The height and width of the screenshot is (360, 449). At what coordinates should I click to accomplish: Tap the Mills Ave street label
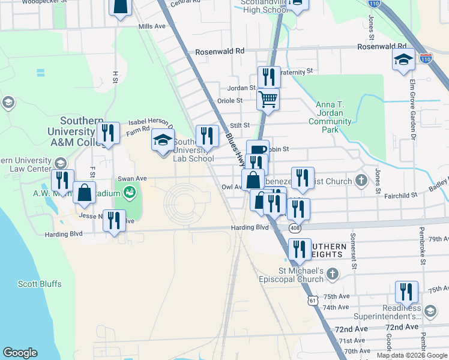pos(151,26)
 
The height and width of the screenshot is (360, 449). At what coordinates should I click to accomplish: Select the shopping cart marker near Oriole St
pos(268,98)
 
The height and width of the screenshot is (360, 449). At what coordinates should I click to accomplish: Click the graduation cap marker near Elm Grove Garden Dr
pos(403,59)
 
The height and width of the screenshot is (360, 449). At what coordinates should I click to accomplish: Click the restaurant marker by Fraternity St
pos(269,77)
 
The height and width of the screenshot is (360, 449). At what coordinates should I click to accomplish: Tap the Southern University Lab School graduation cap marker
pos(163,141)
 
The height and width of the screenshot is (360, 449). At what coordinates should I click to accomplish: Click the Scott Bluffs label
pos(40,284)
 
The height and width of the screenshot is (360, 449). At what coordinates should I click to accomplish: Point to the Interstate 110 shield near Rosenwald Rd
pos(426,59)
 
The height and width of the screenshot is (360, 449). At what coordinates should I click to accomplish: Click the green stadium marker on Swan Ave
pos(129,193)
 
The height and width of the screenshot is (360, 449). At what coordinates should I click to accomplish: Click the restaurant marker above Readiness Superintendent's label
pos(406,292)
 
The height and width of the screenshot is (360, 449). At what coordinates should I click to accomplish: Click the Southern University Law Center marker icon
pos(60,163)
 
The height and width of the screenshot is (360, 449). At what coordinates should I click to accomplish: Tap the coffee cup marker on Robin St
pos(258,150)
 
